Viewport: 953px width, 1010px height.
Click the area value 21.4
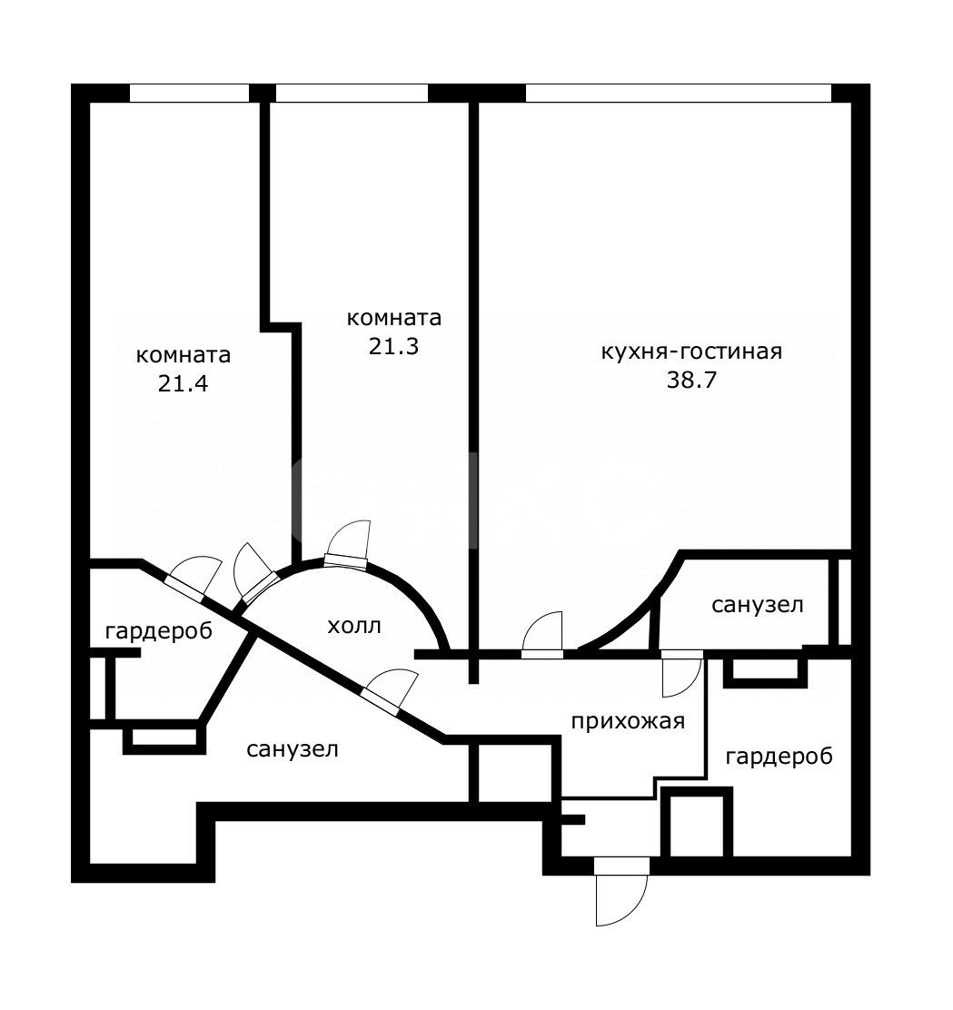coord(183,384)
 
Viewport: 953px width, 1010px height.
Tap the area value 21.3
coord(393,347)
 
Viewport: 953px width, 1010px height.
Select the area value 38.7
coord(691,380)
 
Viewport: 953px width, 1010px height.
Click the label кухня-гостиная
coord(691,352)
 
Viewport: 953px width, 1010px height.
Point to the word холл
coord(354,626)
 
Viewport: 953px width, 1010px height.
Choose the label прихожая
coord(628,721)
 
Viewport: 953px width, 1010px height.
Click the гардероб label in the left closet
coord(158,631)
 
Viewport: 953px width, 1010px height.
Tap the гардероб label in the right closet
coord(779,757)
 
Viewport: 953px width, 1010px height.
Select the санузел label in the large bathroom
coord(293,749)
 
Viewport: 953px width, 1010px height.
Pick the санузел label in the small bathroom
coord(758,605)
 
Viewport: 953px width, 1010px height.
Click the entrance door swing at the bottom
coord(621,892)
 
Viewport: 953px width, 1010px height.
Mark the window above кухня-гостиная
coord(679,94)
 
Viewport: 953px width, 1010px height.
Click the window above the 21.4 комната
coord(190,94)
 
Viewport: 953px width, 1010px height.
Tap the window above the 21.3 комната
coord(352,94)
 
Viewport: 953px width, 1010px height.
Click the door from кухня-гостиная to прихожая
coord(542,635)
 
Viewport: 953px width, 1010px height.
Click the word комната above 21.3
coord(393,318)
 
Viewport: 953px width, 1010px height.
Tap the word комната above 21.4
coord(183,355)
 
